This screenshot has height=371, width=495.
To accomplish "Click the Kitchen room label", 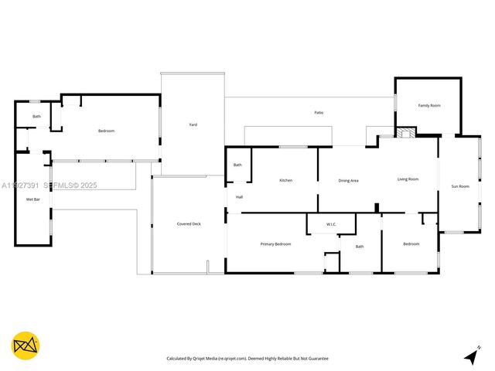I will click(285, 180).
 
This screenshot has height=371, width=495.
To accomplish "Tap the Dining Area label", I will click(348, 180).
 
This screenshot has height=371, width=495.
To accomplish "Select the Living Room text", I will click(408, 179).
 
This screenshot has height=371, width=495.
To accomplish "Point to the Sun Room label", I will click(460, 186).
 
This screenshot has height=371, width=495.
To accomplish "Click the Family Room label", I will click(429, 105).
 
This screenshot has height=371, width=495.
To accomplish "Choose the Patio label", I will click(319, 113).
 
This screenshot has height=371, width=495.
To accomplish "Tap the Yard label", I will click(193, 124).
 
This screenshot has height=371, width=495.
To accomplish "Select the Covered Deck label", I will click(189, 224).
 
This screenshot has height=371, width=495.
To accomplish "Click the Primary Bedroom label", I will click(275, 243).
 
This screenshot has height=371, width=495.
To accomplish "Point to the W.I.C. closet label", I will click(331, 225).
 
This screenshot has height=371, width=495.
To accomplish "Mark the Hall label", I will click(239, 197).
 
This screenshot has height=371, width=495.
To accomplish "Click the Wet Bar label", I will click(32, 199).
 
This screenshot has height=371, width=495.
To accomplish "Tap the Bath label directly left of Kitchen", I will click(237, 165).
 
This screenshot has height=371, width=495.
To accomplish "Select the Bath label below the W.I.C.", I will click(359, 247).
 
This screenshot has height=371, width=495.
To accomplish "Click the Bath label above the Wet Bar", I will click(36, 117).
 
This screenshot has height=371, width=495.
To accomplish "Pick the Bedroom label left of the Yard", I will click(106, 131).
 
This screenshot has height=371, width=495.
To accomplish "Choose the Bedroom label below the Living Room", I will click(411, 243).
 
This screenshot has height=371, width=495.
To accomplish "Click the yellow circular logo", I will click(26, 345).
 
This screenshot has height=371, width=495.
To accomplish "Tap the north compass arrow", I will click(471, 356).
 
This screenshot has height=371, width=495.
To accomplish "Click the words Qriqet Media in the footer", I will click(204, 359).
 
